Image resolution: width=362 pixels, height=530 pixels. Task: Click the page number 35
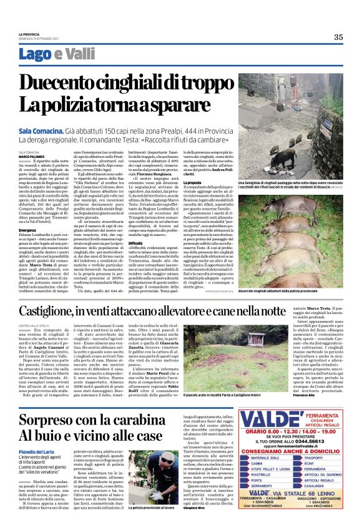pyautogui.click(x=338, y=37)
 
